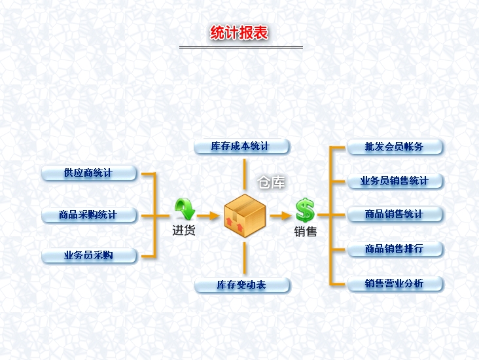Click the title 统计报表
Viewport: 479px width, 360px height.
pos(239,33)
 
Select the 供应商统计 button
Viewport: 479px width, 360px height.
pos(89,173)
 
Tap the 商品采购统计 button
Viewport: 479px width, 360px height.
pos(89,215)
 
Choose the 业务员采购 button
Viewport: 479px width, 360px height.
pos(89,255)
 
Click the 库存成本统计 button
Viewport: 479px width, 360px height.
pos(241,146)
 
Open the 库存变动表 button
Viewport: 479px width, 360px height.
pos(242,285)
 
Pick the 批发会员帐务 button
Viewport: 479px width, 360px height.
pos(395,147)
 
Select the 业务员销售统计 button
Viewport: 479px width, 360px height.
pos(395,181)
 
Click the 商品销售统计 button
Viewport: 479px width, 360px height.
pos(395,215)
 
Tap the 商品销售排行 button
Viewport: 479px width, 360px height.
pos(395,249)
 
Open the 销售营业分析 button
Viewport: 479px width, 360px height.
pos(395,284)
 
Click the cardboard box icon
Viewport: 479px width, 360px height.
pos(245,214)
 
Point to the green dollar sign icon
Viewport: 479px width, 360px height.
pos(305,210)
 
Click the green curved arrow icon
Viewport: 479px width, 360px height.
pos(185,209)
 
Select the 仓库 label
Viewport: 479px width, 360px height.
pos(272,183)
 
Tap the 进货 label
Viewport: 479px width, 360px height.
pos(184,230)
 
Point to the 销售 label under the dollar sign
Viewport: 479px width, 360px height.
pos(305,231)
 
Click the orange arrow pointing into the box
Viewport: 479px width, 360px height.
pos(208,215)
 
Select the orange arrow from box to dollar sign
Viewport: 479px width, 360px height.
pos(280,215)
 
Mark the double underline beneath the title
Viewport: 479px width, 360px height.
pos(241,47)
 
